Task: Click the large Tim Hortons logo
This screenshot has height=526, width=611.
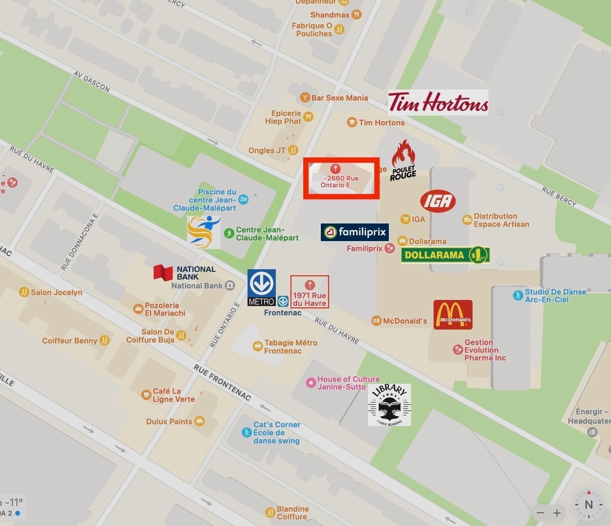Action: click(438, 102)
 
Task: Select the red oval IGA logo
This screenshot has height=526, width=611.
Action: click(438, 201)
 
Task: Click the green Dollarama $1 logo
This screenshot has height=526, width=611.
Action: click(445, 255)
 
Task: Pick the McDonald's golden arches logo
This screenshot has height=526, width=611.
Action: click(453, 314)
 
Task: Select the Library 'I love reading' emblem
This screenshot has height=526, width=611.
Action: click(389, 405)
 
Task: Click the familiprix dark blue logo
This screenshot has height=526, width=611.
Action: click(355, 232)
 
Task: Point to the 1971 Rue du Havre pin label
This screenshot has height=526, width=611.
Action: click(310, 299)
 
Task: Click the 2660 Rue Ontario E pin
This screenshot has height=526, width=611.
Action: click(335, 169)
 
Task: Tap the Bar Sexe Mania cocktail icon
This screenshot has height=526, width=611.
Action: click(304, 98)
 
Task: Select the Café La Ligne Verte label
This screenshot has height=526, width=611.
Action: click(174, 395)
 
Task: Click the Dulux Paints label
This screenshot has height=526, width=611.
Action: click(169, 421)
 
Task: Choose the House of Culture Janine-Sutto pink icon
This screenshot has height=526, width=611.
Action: click(311, 382)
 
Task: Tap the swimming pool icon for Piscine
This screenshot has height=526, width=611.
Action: click(243, 200)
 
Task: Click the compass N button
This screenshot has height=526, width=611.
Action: click(589, 505)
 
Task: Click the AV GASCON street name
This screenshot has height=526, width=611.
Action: click(91, 82)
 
